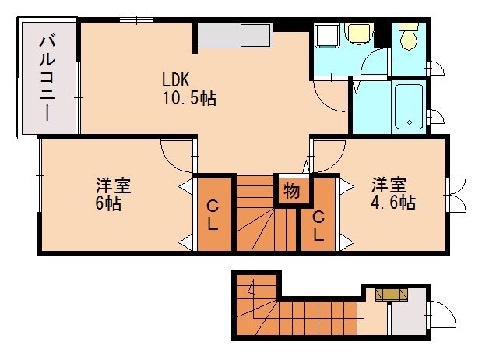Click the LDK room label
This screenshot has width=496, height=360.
177,79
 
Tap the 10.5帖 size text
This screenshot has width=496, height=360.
189,98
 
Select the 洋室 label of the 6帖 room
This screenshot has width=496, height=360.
113,186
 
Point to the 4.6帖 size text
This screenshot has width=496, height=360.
393,203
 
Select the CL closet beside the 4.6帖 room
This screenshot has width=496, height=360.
318,225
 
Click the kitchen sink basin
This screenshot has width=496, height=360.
254,36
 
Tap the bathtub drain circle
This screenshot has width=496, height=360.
407,122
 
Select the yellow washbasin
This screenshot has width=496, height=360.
358,34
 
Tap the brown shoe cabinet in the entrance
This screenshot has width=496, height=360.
391,295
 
